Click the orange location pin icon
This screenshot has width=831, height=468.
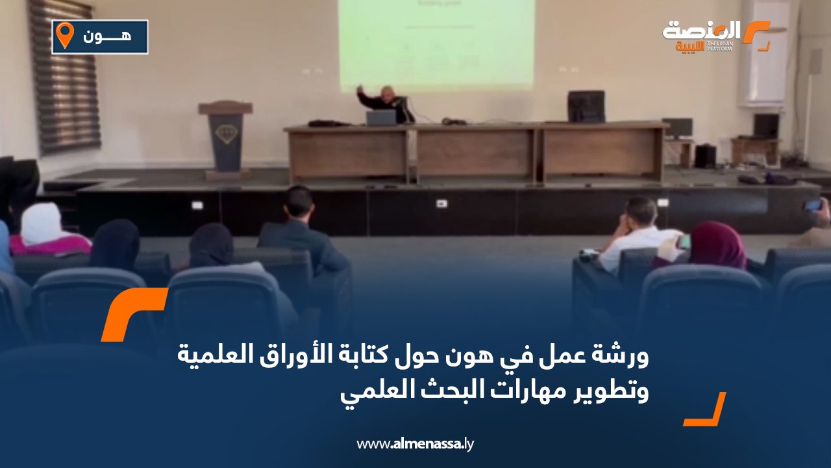64,35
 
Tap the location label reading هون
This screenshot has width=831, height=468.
107,36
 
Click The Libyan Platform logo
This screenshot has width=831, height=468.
714,35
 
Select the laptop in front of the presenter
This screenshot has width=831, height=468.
381,118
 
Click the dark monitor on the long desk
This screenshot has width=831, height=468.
586,107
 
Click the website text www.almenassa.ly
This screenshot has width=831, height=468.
415,445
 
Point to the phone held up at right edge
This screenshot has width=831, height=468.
813,205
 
